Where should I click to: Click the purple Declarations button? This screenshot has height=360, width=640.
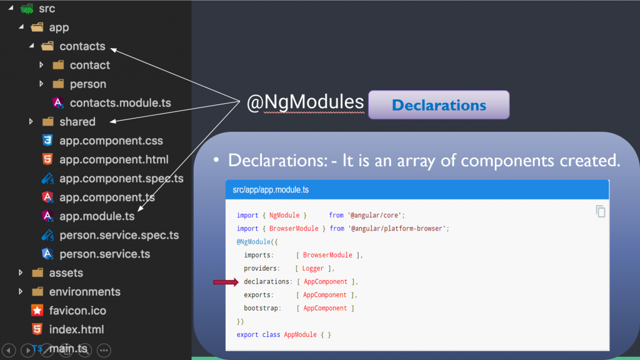pyautogui.click(x=439, y=105)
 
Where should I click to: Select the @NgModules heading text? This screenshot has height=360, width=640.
pyautogui.click(x=305, y=102)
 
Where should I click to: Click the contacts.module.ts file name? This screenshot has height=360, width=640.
pyautogui.click(x=121, y=103)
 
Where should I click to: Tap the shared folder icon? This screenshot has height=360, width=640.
pyautogui.click(x=47, y=122)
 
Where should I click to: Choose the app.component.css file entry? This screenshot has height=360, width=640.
pyautogui.click(x=111, y=141)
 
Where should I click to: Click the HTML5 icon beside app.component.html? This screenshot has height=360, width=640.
pyautogui.click(x=47, y=159)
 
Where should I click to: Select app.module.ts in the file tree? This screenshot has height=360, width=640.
pyautogui.click(x=97, y=216)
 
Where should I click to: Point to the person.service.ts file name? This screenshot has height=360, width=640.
pyautogui.click(x=105, y=254)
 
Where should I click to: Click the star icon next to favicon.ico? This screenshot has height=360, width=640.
pyautogui.click(x=37, y=311)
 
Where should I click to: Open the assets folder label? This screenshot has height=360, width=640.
pyautogui.click(x=66, y=272)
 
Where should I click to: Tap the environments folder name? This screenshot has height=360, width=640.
pyautogui.click(x=85, y=292)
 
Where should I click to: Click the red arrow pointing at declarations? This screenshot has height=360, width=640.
pyautogui.click(x=226, y=282)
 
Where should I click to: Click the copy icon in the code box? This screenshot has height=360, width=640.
pyautogui.click(x=601, y=211)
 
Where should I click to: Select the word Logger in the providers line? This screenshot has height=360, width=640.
pyautogui.click(x=312, y=268)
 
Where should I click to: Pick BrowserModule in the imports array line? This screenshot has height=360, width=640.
pyautogui.click(x=327, y=255)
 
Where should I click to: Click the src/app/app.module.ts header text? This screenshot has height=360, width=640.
pyautogui.click(x=271, y=190)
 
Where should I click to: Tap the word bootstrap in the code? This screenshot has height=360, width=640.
pyautogui.click(x=261, y=308)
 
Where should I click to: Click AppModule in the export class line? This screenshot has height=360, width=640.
pyautogui.click(x=301, y=335)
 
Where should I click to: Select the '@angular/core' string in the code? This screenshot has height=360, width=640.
pyautogui.click(x=374, y=215)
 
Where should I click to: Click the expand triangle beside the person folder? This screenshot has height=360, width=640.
pyautogui.click(x=41, y=84)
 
